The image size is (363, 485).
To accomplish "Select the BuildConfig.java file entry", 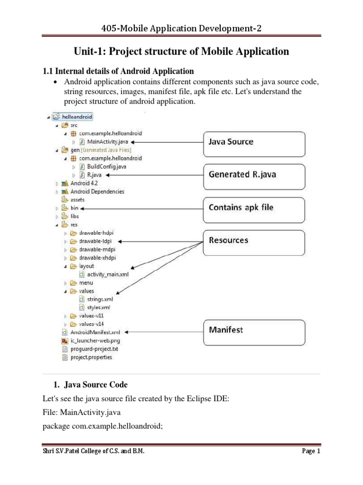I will (106, 167).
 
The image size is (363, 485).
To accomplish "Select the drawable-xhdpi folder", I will (97, 258).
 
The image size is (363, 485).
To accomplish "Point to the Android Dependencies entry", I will (97, 191).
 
